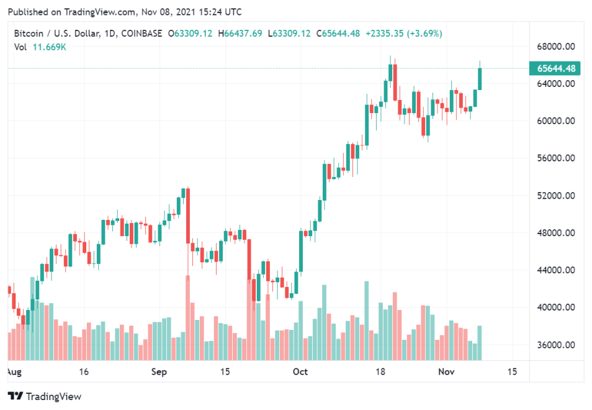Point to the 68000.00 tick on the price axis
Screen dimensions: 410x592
[x=554, y=47]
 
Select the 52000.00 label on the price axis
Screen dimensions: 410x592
[x=554, y=196]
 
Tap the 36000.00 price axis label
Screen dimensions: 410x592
[x=554, y=345]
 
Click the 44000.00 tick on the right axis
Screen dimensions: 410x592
[x=554, y=270]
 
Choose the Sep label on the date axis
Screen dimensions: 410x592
[x=159, y=371]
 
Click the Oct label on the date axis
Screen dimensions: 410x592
[x=300, y=371]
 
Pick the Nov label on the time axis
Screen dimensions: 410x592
[x=447, y=371]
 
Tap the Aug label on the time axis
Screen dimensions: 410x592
[x=14, y=371]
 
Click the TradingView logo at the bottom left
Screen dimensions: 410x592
[x=44, y=396]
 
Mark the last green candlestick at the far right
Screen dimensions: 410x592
[x=480, y=79]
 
